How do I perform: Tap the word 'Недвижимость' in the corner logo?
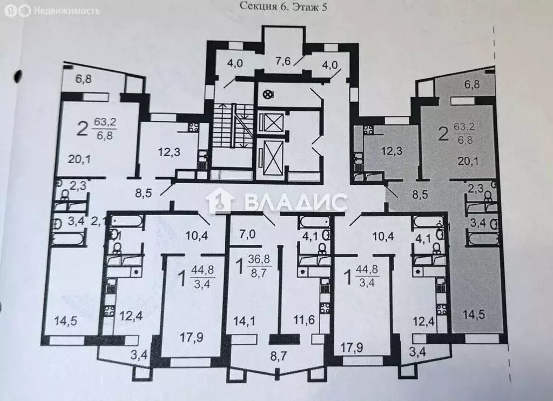67,10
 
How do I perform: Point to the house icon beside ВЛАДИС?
222,203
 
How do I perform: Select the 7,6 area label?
284,61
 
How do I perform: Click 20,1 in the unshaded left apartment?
79,158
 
